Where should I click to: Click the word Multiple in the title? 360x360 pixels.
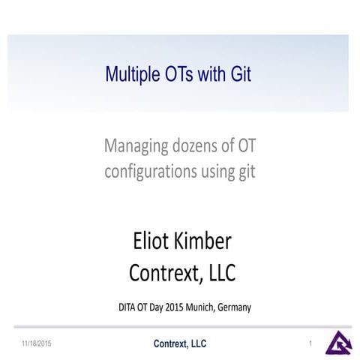(129, 74)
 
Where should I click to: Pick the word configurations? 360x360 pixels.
(149, 171)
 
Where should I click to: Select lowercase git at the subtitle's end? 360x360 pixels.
(246, 172)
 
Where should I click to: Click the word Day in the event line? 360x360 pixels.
(161, 307)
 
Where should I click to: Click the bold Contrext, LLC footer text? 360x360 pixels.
(180, 343)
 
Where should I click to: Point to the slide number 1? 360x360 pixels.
(310, 343)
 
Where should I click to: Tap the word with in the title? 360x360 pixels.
(210, 74)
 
